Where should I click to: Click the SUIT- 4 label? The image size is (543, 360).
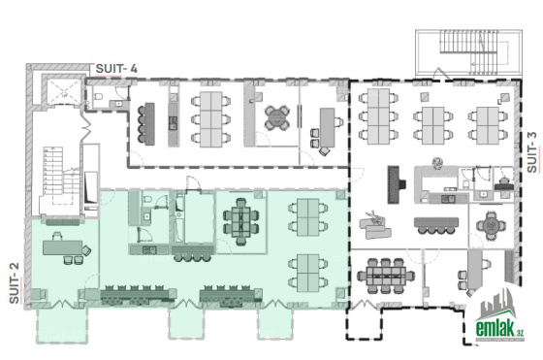[116, 68]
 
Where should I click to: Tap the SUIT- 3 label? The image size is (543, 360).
[532, 152]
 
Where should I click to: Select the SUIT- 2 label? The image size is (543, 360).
[14, 283]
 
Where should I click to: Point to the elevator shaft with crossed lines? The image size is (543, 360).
[64, 91]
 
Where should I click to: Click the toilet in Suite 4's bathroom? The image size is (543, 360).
[98, 96]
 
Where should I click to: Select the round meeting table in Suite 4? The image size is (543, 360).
[277, 117]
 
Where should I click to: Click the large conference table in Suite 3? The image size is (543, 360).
[386, 276]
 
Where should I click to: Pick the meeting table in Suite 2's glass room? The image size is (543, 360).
[241, 222]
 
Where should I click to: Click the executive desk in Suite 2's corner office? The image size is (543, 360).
[63, 247]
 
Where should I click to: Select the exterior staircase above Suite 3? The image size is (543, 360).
[469, 52]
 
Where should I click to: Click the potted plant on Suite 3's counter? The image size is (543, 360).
[437, 163]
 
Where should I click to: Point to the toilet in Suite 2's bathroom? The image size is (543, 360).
[147, 199]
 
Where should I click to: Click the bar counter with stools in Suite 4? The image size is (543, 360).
[146, 123]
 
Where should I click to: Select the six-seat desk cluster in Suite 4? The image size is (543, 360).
[211, 119]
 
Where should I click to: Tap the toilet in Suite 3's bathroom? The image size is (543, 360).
[465, 183]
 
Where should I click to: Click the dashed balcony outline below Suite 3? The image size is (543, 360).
[365, 323]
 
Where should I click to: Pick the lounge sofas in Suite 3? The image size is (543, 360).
[375, 225]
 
